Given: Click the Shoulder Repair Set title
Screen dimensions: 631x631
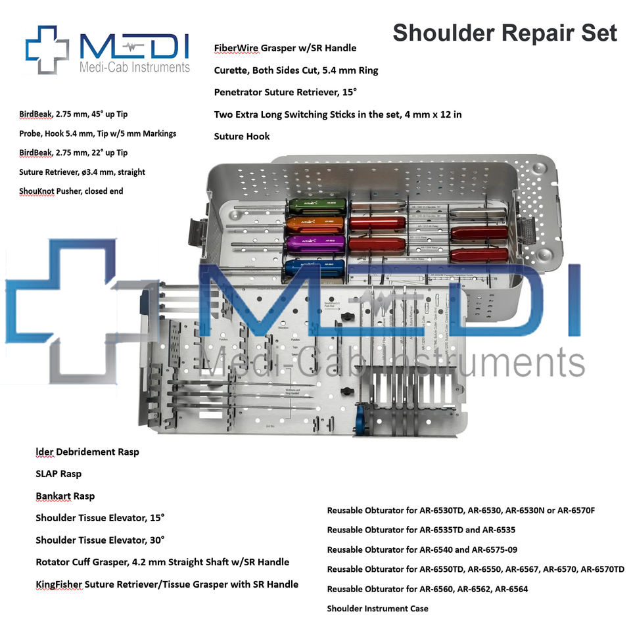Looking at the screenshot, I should point(505,33).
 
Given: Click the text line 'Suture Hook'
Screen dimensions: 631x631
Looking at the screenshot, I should point(242,137).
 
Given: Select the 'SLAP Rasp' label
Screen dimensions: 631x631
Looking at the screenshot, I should point(58,474).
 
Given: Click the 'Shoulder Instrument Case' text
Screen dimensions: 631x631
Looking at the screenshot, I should point(377,609).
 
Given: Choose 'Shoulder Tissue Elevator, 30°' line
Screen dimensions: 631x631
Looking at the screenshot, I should point(100,540).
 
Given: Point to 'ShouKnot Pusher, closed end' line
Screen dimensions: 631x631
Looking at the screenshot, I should point(71,191).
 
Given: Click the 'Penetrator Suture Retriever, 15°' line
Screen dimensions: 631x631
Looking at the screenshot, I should point(287,92).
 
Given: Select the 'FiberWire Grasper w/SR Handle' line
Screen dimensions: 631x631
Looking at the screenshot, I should point(285,48).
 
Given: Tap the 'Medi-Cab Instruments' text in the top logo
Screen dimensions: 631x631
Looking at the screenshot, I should point(134,67).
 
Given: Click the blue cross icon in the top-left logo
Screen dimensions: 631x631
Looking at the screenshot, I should point(47,49).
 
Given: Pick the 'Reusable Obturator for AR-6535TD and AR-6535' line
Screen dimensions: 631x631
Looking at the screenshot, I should point(421,530).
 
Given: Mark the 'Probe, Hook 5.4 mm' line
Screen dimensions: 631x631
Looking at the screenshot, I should point(97,133).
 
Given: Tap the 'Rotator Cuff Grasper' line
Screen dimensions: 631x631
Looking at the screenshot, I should point(162,562).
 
